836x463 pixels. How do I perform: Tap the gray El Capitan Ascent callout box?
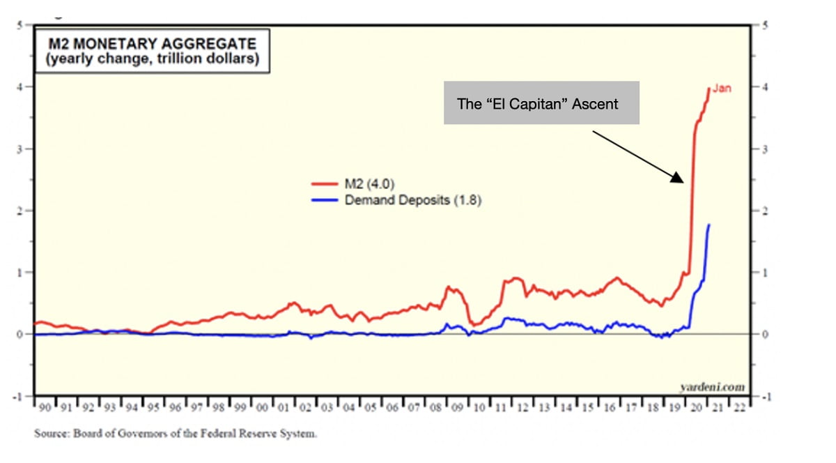point(541,103)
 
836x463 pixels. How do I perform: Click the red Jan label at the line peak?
point(722,89)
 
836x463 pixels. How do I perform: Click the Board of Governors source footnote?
point(176,434)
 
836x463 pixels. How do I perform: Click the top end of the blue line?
point(709,225)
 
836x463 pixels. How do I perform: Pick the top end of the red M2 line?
point(709,89)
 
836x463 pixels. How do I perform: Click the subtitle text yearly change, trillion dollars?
point(152,59)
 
